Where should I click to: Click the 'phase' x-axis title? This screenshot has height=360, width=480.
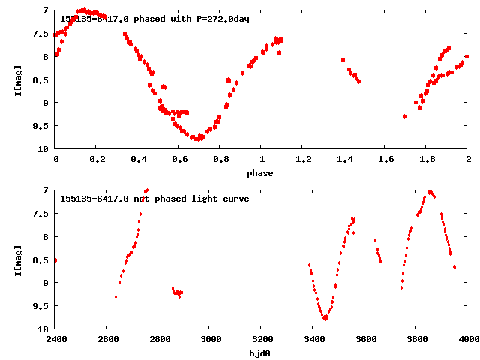pyautogui.click(x=261, y=173)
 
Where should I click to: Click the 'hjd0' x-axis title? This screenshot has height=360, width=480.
pyautogui.click(x=261, y=352)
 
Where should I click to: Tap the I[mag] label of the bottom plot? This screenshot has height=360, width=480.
pyautogui.click(x=18, y=259)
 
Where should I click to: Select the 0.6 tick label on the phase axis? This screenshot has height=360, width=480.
pyautogui.click(x=179, y=160)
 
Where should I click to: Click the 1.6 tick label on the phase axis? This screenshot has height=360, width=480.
pyautogui.click(x=385, y=160)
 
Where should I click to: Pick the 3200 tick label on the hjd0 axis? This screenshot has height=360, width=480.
pyautogui.click(x=261, y=339)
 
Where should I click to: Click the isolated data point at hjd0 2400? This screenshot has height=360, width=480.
pyautogui.click(x=56, y=260)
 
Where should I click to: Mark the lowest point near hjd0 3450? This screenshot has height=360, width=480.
pyautogui.click(x=325, y=318)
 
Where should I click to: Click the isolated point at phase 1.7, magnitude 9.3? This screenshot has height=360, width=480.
pyautogui.click(x=404, y=116)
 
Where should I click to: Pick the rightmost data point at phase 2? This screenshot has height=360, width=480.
pyautogui.click(x=466, y=56)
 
